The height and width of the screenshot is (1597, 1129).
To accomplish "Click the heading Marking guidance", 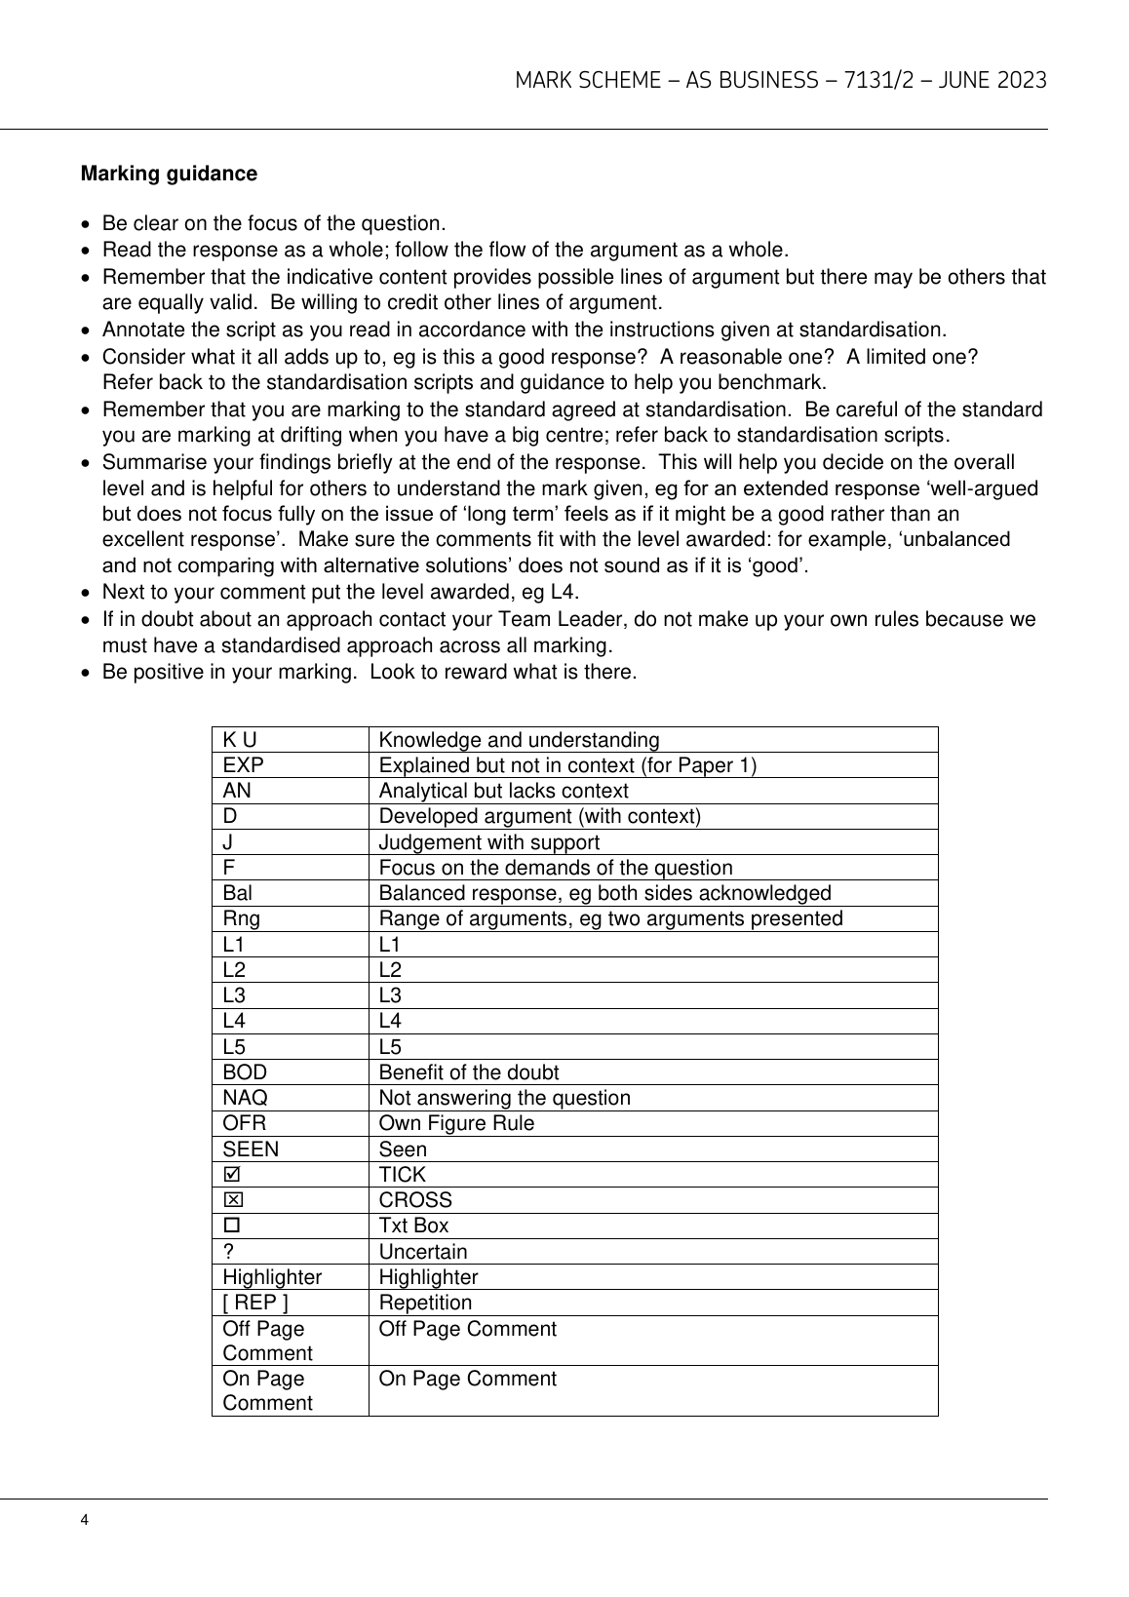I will (x=169, y=174).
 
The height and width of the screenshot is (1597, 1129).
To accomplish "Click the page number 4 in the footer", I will (x=86, y=1520).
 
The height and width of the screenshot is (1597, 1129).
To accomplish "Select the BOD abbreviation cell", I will (x=245, y=1072).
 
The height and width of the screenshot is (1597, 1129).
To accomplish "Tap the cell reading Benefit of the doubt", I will (x=468, y=1072).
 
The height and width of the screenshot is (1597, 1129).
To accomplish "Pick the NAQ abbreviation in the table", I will (x=245, y=1098).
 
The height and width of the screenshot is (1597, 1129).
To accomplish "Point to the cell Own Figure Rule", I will (x=456, y=1123).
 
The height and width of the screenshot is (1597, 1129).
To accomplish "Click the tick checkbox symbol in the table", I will (x=231, y=1175).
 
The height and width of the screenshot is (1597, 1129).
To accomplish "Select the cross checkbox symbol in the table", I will (x=231, y=1200).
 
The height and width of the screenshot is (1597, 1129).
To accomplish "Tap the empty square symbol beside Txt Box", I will (x=231, y=1226).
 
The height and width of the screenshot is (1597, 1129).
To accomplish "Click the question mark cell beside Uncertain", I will (x=227, y=1251).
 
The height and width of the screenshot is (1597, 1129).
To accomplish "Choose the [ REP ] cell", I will (x=255, y=1303).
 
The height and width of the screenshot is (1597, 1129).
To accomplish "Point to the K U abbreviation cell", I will (x=240, y=740).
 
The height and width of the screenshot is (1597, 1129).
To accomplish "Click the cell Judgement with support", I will (x=488, y=842).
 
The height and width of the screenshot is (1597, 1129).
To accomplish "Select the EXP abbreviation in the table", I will (x=243, y=765).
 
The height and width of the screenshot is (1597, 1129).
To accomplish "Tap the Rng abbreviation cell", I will (x=241, y=918).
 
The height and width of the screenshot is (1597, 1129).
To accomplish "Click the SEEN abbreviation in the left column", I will (x=251, y=1149).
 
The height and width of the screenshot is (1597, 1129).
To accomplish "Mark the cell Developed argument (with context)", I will (x=539, y=816).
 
